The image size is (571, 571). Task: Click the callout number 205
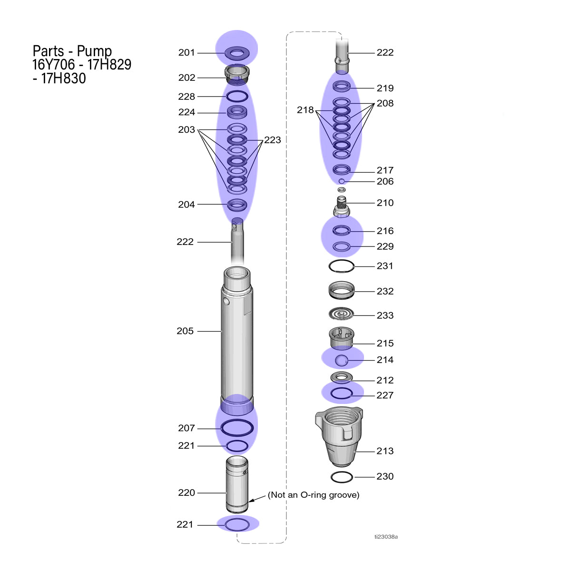click(x=185, y=331)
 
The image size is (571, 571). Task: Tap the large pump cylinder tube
click(x=237, y=341)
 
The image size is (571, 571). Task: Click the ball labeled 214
click(x=341, y=360)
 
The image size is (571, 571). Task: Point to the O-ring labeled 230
click(x=342, y=477)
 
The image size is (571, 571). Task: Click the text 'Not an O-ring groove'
click(x=314, y=495)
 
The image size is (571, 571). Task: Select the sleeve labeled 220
click(x=237, y=484)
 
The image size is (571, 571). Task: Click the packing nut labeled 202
click(x=237, y=74)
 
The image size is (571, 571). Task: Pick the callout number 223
click(x=272, y=140)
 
